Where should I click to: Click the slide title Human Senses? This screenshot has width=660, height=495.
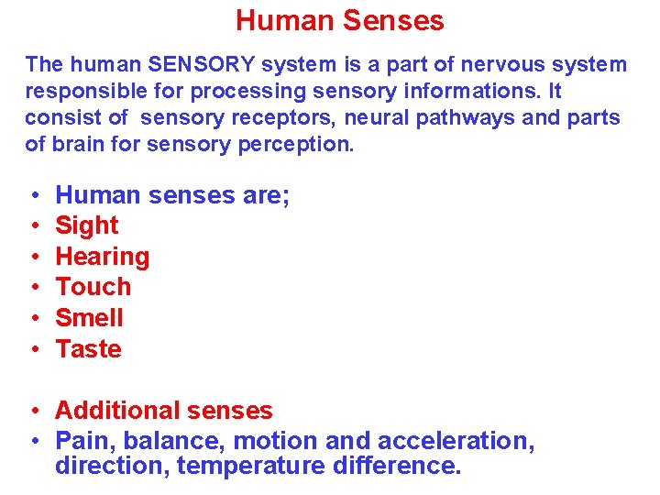tap(339, 20)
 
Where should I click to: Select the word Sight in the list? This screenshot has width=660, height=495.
tap(87, 225)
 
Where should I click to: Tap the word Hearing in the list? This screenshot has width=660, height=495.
tap(103, 257)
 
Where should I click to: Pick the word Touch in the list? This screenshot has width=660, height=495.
tap(93, 287)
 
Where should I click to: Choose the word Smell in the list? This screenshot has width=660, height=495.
tap(89, 318)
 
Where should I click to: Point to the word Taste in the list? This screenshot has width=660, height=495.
tap(88, 349)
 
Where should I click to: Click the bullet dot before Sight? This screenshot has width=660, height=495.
tap(32, 226)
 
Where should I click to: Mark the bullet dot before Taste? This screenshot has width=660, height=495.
tap(32, 350)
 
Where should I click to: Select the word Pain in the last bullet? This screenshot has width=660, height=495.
tap(81, 441)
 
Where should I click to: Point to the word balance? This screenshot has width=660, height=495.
tap(157, 441)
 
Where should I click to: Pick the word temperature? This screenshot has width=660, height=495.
tap(250, 466)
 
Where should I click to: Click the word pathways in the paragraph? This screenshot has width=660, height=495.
tap(447, 118)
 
